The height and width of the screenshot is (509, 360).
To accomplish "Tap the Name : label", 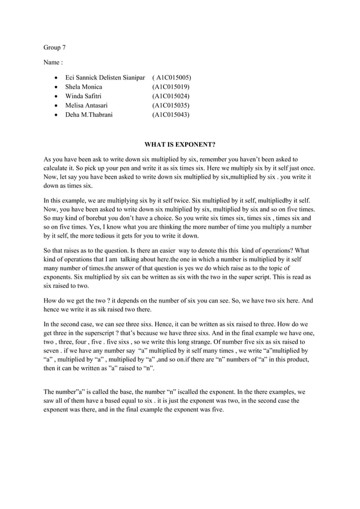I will tap(53, 63).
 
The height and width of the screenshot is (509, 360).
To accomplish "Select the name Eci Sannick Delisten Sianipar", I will tap(106, 77).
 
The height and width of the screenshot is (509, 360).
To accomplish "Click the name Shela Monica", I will tap(84, 87).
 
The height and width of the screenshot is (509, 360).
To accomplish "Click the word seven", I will tap(55, 351).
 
